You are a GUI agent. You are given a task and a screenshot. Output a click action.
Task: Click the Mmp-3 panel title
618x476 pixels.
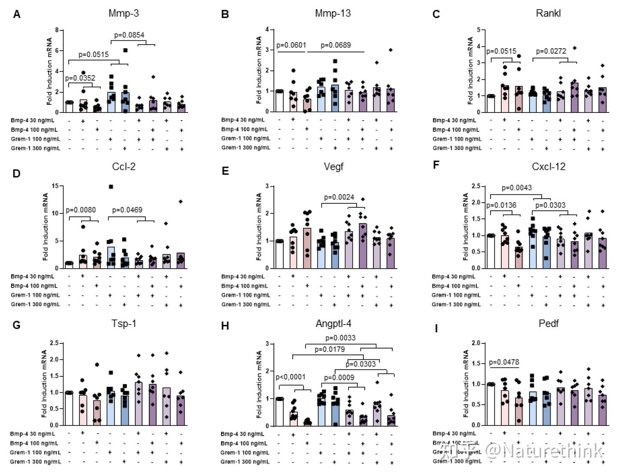[x=124, y=13]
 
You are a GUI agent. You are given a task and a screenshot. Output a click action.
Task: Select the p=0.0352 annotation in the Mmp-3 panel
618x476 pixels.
[x=80, y=78]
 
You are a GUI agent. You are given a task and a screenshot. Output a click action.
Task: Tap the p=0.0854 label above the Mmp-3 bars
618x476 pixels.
[x=129, y=35]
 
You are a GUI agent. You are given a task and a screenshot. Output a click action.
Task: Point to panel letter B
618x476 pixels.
[x=225, y=15]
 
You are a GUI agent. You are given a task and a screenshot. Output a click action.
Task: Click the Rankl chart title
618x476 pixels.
[x=548, y=13]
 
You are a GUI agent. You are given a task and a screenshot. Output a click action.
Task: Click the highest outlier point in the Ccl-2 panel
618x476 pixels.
[x=111, y=187]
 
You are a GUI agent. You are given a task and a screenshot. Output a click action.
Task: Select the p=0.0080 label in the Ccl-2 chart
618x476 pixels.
[x=81, y=210]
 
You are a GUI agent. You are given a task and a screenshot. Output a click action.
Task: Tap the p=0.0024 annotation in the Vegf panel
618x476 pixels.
[x=339, y=197]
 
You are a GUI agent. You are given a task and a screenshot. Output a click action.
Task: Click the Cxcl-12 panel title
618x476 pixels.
[x=548, y=167]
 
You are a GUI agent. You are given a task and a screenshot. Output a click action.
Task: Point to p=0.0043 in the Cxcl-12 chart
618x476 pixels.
[x=517, y=188]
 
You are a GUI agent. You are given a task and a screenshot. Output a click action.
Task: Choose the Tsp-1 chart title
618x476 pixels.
[x=124, y=323]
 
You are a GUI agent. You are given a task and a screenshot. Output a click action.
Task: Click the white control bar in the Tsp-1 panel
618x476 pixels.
[x=69, y=408]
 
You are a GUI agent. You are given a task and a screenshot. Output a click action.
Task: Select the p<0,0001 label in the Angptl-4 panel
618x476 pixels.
[x=291, y=377]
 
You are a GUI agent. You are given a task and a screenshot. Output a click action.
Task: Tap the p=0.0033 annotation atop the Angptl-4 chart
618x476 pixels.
[x=340, y=338]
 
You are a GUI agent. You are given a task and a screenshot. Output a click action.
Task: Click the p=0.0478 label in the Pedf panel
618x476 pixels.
[x=504, y=362]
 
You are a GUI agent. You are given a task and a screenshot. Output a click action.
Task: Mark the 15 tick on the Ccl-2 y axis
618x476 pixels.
[x=55, y=186]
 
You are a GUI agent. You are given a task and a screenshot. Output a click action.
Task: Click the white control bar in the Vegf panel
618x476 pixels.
[x=279, y=254]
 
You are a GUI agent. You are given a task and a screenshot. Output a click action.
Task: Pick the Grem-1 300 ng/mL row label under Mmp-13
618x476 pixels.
[x=246, y=148]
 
